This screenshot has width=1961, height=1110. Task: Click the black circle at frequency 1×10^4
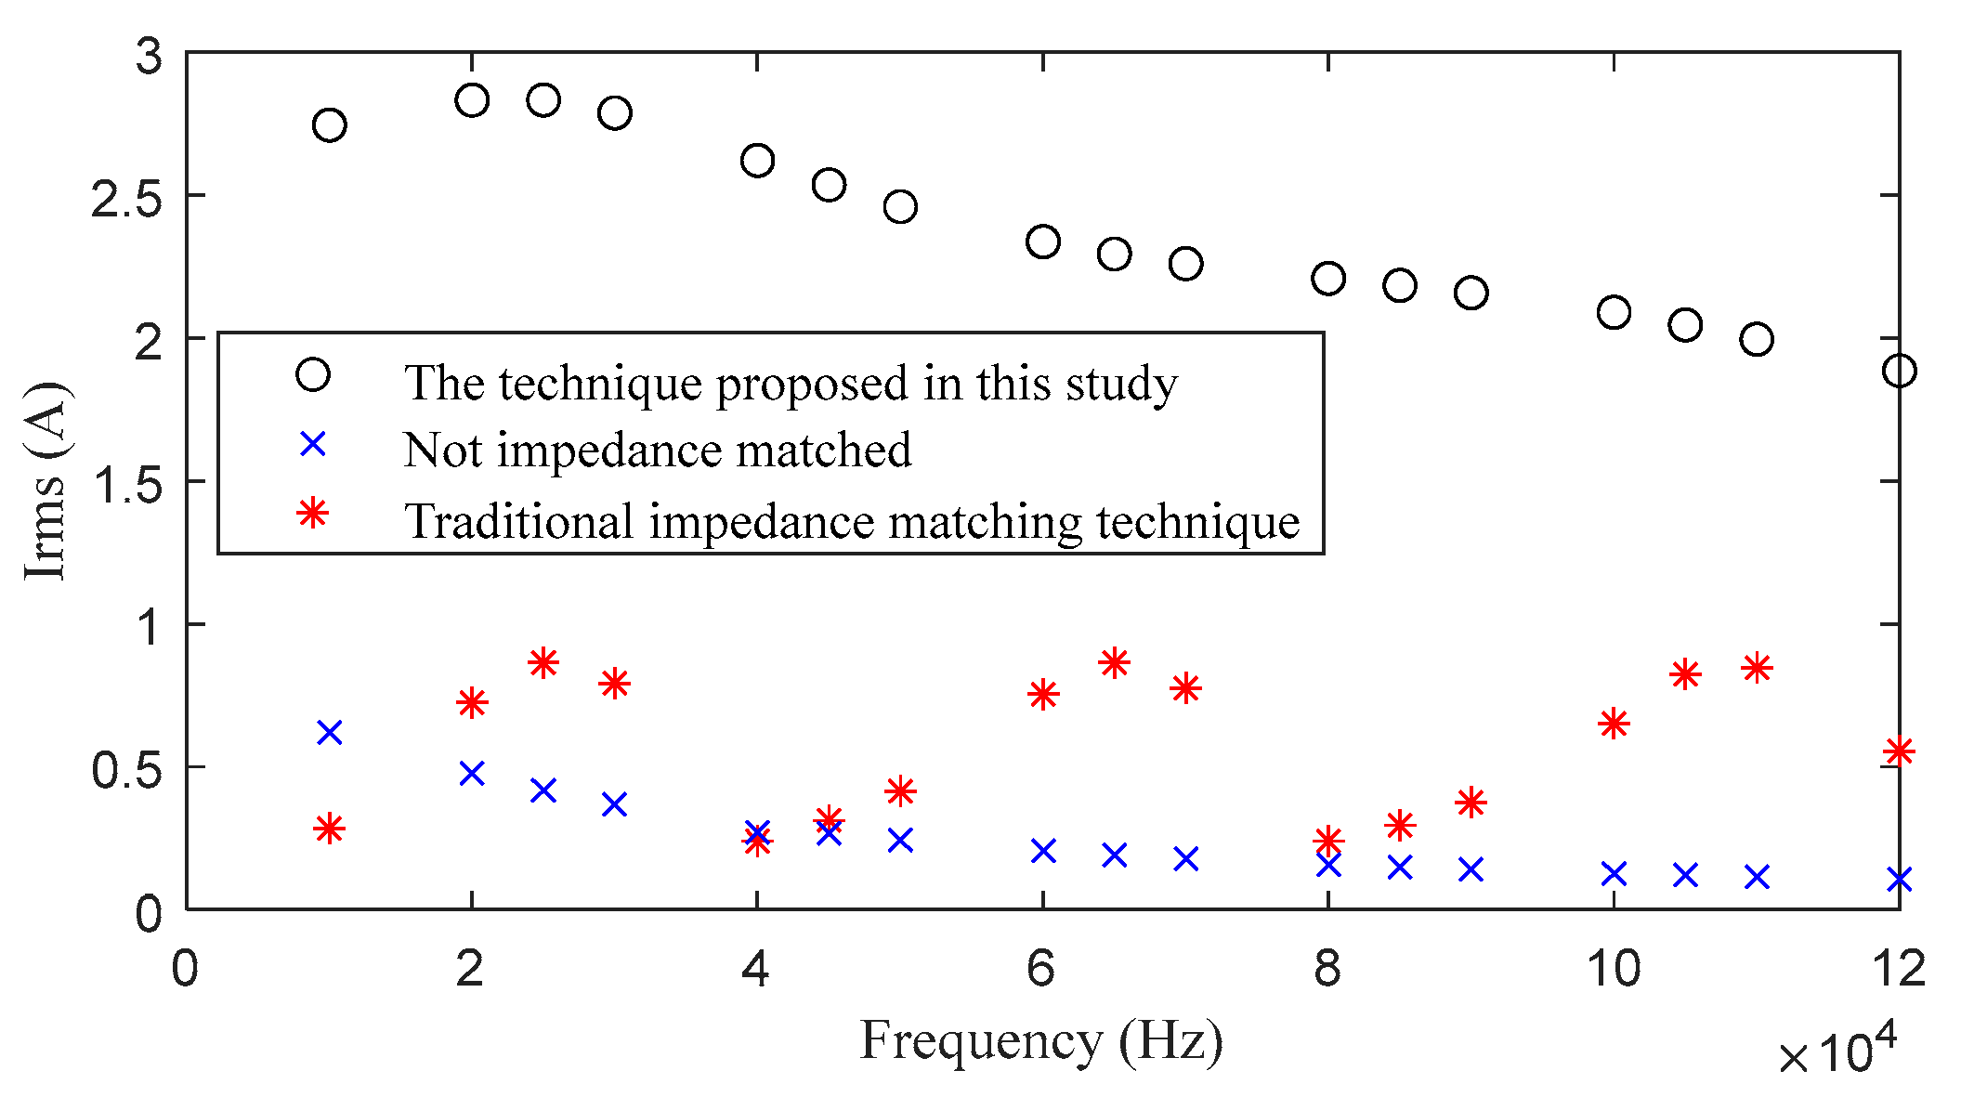pyautogui.click(x=330, y=124)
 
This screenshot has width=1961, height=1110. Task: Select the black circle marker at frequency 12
pyautogui.click(x=1899, y=371)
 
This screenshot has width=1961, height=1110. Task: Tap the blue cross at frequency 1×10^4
pyautogui.click(x=330, y=733)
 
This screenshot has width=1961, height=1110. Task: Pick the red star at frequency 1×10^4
pyautogui.click(x=330, y=829)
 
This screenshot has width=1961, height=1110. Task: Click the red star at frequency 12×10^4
pyautogui.click(x=1899, y=751)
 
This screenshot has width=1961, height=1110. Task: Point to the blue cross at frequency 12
pyautogui.click(x=1899, y=879)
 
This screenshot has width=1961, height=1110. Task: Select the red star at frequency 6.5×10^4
pyautogui.click(x=1114, y=663)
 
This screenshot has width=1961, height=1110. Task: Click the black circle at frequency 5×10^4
pyautogui.click(x=900, y=206)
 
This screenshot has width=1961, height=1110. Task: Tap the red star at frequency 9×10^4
pyautogui.click(x=1471, y=803)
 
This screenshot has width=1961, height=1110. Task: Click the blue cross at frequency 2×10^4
pyautogui.click(x=472, y=773)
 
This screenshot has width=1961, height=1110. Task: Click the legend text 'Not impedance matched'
pyautogui.click(x=658, y=451)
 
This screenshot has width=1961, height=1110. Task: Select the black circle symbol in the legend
pyautogui.click(x=313, y=375)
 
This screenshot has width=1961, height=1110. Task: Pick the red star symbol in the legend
pyautogui.click(x=313, y=512)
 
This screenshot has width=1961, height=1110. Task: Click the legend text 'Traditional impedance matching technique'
pyautogui.click(x=852, y=521)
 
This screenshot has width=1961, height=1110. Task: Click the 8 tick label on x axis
pyautogui.click(x=1327, y=969)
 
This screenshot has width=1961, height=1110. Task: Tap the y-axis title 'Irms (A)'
pyautogui.click(x=45, y=480)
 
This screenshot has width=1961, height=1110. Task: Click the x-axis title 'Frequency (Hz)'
pyautogui.click(x=1040, y=1040)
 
